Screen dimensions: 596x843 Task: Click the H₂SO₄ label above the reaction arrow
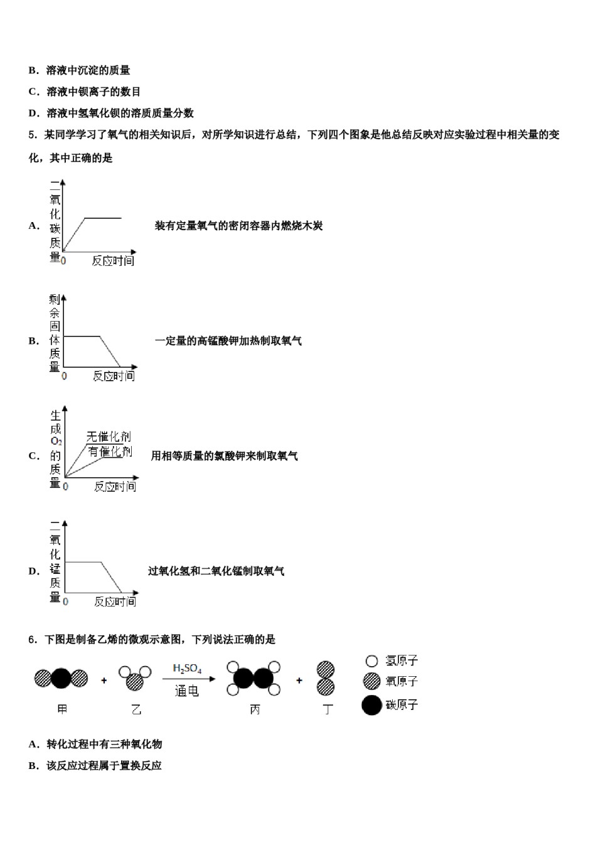[x=187, y=669]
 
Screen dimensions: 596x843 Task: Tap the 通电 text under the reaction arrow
[x=186, y=691]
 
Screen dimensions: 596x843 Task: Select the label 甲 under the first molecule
[x=62, y=709]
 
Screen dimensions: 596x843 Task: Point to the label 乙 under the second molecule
[x=136, y=709]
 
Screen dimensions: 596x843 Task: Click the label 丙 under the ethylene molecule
[x=255, y=709]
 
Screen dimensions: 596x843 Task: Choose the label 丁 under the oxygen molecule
[x=327, y=709]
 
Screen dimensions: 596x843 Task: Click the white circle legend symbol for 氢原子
[x=371, y=661]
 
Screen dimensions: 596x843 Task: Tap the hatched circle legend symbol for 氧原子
[x=371, y=681]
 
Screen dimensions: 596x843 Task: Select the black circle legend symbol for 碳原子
[x=371, y=705]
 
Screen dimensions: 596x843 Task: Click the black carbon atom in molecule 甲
[x=61, y=679]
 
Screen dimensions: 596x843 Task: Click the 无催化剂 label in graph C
[x=109, y=437]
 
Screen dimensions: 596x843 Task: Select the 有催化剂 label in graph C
[x=110, y=451]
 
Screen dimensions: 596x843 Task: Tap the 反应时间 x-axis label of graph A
[x=113, y=260]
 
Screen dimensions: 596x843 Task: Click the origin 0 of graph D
[x=65, y=602]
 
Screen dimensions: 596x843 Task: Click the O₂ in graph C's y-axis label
[x=56, y=441]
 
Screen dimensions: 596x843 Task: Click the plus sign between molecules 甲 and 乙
[x=104, y=681]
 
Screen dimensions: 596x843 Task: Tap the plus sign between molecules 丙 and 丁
[x=299, y=681]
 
